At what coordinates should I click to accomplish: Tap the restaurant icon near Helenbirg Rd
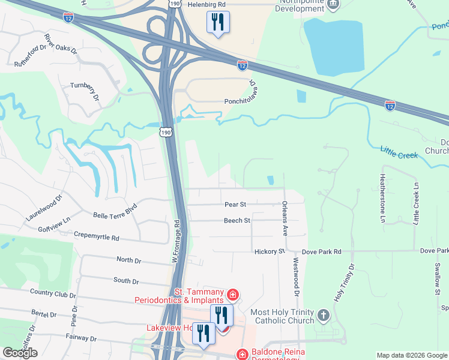[x=217, y=22]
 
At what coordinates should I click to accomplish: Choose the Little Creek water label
[x=399, y=151]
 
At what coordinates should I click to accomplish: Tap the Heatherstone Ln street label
[x=381, y=199]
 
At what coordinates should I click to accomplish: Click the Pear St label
[x=236, y=205]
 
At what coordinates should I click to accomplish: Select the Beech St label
[x=237, y=221]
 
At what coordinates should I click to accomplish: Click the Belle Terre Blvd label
[x=115, y=214]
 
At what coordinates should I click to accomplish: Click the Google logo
[x=20, y=353]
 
